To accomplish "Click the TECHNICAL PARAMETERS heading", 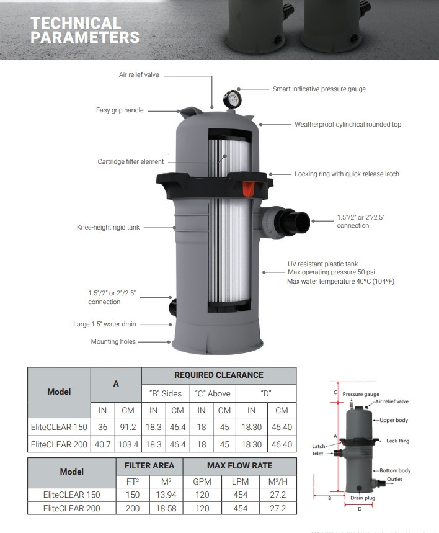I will click(x=85, y=30).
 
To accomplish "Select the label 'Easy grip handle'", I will click(x=120, y=110).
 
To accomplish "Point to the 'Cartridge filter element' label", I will click(x=130, y=162).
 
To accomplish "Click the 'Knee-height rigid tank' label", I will click(x=109, y=228).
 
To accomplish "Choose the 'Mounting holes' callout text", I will click(x=113, y=341).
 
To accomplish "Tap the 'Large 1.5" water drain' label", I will click(x=105, y=325).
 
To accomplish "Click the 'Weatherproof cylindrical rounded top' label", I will click(x=347, y=125).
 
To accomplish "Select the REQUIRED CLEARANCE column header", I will click(x=218, y=375).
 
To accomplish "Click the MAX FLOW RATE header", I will click(x=239, y=465).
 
